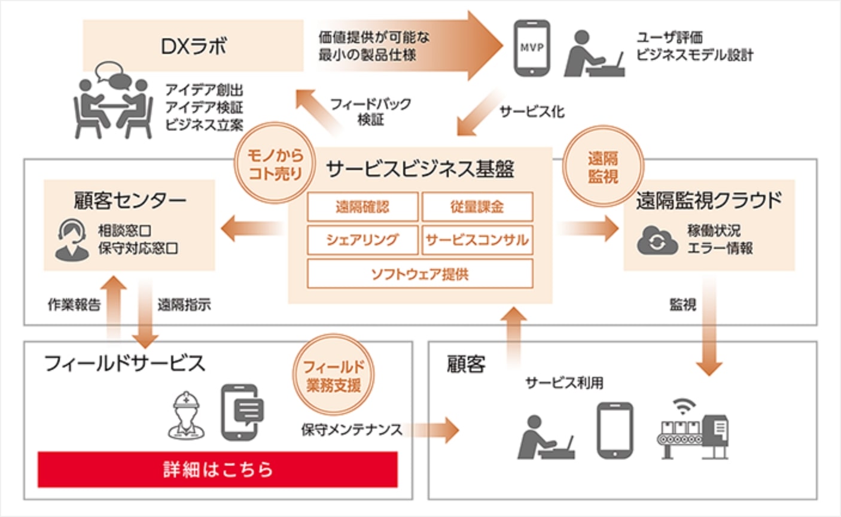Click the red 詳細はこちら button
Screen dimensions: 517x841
[x=217, y=469]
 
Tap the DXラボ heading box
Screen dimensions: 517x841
[x=193, y=46]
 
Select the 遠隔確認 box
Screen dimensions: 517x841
[x=362, y=207]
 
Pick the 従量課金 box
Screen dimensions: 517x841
[x=477, y=207]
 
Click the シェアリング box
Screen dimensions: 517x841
[x=362, y=240]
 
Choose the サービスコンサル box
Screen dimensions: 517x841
[x=477, y=240]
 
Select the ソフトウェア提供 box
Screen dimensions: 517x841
[x=419, y=274]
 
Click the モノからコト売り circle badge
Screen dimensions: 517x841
[x=275, y=164]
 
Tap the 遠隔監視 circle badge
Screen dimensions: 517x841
[x=602, y=167]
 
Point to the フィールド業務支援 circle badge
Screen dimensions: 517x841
[x=333, y=376]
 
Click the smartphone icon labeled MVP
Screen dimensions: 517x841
[x=531, y=47]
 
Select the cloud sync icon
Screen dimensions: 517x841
[x=656, y=241]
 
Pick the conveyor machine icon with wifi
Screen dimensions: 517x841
[x=694, y=428]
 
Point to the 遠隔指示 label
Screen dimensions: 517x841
[x=184, y=305]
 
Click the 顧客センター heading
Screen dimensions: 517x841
[x=130, y=201]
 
